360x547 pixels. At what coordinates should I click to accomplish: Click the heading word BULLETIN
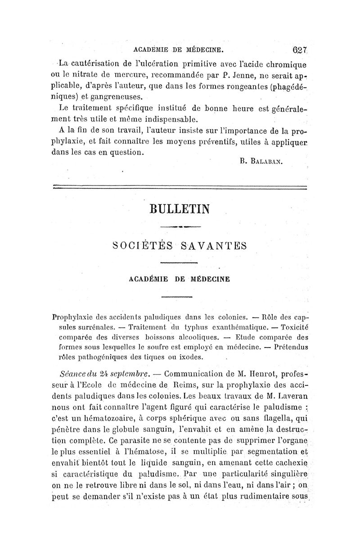click(180, 209)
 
